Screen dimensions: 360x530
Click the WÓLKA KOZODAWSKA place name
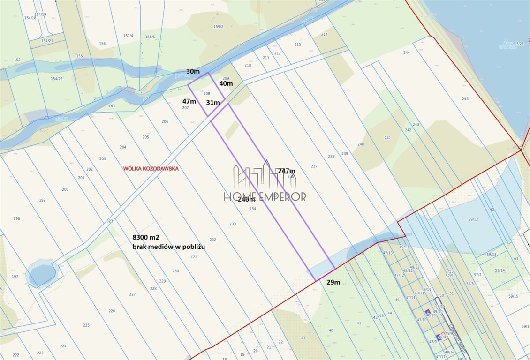click(x=151, y=168)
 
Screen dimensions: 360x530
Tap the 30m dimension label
click(x=193, y=72)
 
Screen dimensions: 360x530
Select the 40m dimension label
click(x=226, y=83)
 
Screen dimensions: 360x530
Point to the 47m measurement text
click(x=189, y=101)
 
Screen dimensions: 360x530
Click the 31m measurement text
click(x=212, y=103)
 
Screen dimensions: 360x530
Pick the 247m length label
click(x=287, y=171)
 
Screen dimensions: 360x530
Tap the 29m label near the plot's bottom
click(x=333, y=282)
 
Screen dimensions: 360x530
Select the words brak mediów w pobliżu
click(x=168, y=247)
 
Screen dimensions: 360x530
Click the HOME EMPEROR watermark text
click(x=265, y=196)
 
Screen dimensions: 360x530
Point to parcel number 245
click(x=465, y=99)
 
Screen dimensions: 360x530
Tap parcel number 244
click(x=407, y=52)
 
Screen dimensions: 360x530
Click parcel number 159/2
click(x=218, y=27)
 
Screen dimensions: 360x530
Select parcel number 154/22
click(x=56, y=79)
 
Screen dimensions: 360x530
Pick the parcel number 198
click(x=17, y=218)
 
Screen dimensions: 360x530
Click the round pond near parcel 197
click(x=42, y=275)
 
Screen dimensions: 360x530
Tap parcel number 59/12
click(x=473, y=219)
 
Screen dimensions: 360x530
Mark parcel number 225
click(x=86, y=325)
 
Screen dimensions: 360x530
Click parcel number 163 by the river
click(x=112, y=106)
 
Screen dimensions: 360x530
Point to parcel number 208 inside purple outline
click(x=206, y=94)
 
